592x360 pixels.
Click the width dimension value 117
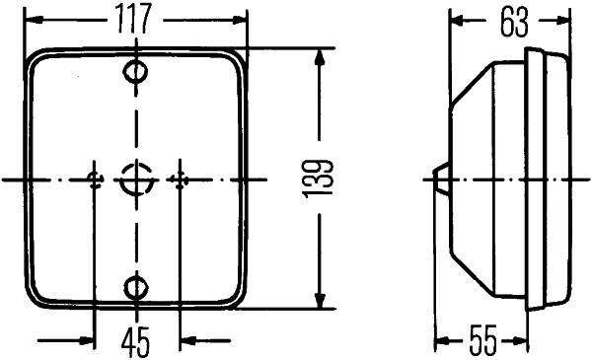(135, 20)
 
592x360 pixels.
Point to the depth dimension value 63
(512, 21)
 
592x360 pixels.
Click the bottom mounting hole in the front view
(136, 286)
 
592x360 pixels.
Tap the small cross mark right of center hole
(179, 179)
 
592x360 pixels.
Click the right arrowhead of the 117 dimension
(236, 20)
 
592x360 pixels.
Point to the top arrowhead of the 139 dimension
(319, 57)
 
